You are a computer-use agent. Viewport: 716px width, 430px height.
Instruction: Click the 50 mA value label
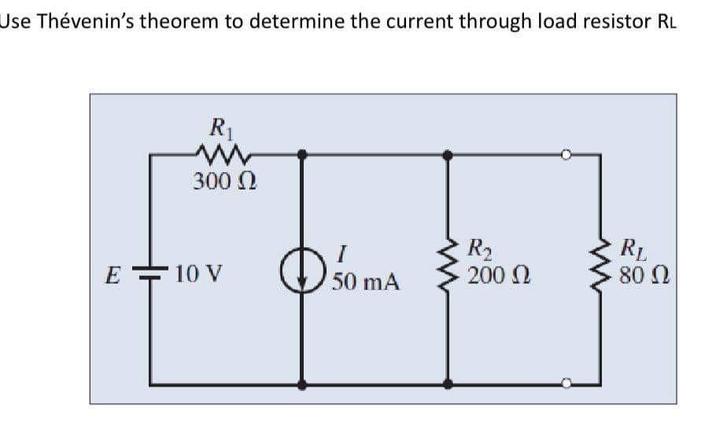pos(366,281)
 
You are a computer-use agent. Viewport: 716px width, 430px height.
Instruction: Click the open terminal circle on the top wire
pos(564,156)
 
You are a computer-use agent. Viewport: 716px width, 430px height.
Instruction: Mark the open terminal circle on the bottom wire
pos(564,384)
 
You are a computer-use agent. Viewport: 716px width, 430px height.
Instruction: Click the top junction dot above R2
pos(448,156)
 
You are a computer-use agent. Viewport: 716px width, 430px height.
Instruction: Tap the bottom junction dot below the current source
pos(303,384)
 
